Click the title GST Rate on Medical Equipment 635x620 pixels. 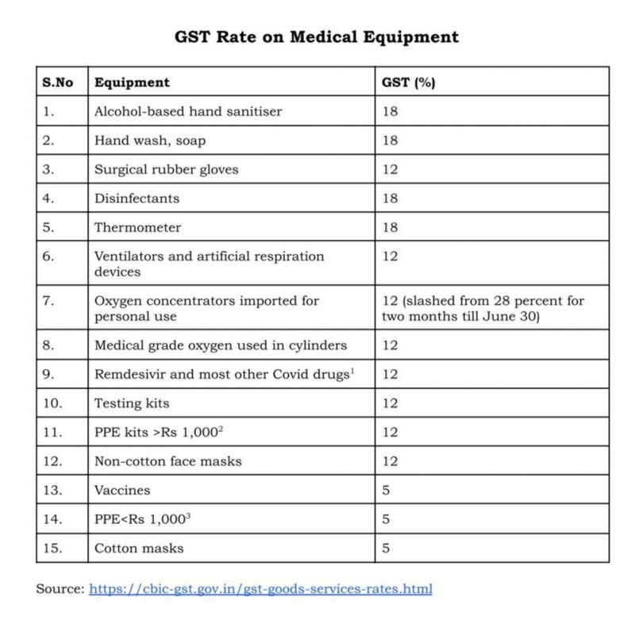[317, 37]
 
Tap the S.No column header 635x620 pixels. [58, 83]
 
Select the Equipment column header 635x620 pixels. [132, 83]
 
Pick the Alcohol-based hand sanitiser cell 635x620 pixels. [188, 112]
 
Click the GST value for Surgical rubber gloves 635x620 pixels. [390, 170]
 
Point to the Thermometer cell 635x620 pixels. [138, 228]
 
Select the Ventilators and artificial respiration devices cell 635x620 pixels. [210, 264]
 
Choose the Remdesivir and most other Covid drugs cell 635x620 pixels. [223, 375]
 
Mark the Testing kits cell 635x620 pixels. [132, 403]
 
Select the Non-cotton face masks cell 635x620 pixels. [168, 461]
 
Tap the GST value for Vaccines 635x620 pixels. [386, 491]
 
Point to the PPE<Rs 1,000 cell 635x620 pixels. [143, 519]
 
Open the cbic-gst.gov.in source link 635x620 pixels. [260, 589]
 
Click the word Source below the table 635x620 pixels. [60, 589]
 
